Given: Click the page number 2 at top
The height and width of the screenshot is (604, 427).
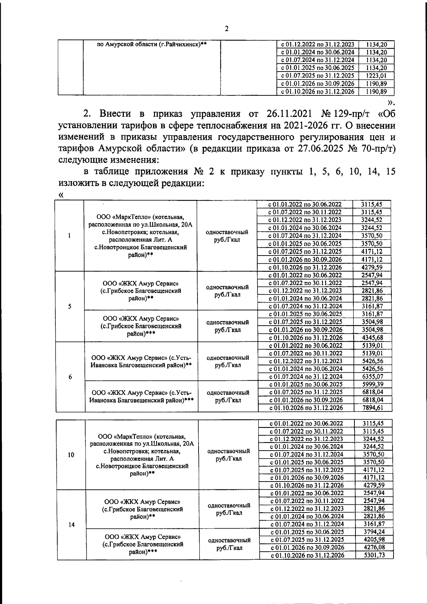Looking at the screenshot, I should click(227, 29).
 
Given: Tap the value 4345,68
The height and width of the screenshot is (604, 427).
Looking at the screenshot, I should click(372, 337).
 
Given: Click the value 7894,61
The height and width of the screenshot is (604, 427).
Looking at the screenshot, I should click(372, 408).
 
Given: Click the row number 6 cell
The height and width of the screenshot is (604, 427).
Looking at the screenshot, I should click(70, 377).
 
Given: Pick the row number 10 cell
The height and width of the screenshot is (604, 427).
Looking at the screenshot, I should click(71, 455).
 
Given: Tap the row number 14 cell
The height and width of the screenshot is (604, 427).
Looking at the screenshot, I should click(71, 525).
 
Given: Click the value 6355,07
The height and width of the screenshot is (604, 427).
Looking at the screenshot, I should click(372, 377).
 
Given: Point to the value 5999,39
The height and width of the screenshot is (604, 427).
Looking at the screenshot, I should click(372, 384).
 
